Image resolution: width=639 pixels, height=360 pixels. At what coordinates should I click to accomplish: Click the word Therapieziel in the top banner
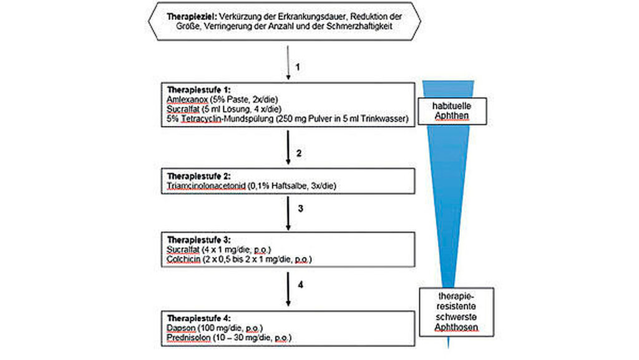pyautogui.click(x=192, y=17)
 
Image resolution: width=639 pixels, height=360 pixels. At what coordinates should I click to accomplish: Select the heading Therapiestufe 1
pyautogui.click(x=198, y=90)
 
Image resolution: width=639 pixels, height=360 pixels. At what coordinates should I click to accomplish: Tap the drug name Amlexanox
pyautogui.click(x=187, y=99)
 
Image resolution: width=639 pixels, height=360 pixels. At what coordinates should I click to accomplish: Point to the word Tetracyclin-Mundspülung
pyautogui.click(x=227, y=119)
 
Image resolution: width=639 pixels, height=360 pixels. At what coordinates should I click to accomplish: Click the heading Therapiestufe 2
pyautogui.click(x=198, y=176)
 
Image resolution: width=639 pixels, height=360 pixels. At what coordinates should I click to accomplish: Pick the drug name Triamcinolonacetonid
pyautogui.click(x=206, y=186)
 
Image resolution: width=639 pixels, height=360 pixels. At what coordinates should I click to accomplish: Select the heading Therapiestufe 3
pyautogui.click(x=198, y=240)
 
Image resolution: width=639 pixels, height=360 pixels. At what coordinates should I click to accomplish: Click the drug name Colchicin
pyautogui.click(x=183, y=259)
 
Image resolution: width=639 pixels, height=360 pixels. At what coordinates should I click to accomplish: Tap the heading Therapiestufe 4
pyautogui.click(x=198, y=318)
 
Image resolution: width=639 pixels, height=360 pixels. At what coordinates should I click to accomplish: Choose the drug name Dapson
pyautogui.click(x=181, y=328)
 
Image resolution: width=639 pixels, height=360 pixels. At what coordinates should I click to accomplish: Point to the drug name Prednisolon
pyautogui.click(x=188, y=338)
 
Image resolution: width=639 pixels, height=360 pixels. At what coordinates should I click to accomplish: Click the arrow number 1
pyautogui.click(x=298, y=67)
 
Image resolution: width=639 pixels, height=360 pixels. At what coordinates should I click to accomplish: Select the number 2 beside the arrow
pyautogui.click(x=299, y=153)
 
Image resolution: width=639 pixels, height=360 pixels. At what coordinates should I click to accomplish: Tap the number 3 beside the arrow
pyautogui.click(x=300, y=208)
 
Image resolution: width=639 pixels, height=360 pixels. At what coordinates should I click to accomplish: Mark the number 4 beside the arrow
pyautogui.click(x=300, y=285)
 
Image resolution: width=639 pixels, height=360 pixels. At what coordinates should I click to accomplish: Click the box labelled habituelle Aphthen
pyautogui.click(x=452, y=111)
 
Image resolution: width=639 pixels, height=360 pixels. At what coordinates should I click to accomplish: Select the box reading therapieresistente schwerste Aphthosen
pyautogui.click(x=456, y=312)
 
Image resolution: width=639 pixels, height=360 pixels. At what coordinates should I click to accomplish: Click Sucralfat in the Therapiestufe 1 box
pyautogui.click(x=183, y=109)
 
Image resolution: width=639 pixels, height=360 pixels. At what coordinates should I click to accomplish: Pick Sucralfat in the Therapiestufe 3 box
pyautogui.click(x=183, y=249)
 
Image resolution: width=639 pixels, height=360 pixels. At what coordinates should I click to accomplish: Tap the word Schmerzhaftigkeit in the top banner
pyautogui.click(x=359, y=26)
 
